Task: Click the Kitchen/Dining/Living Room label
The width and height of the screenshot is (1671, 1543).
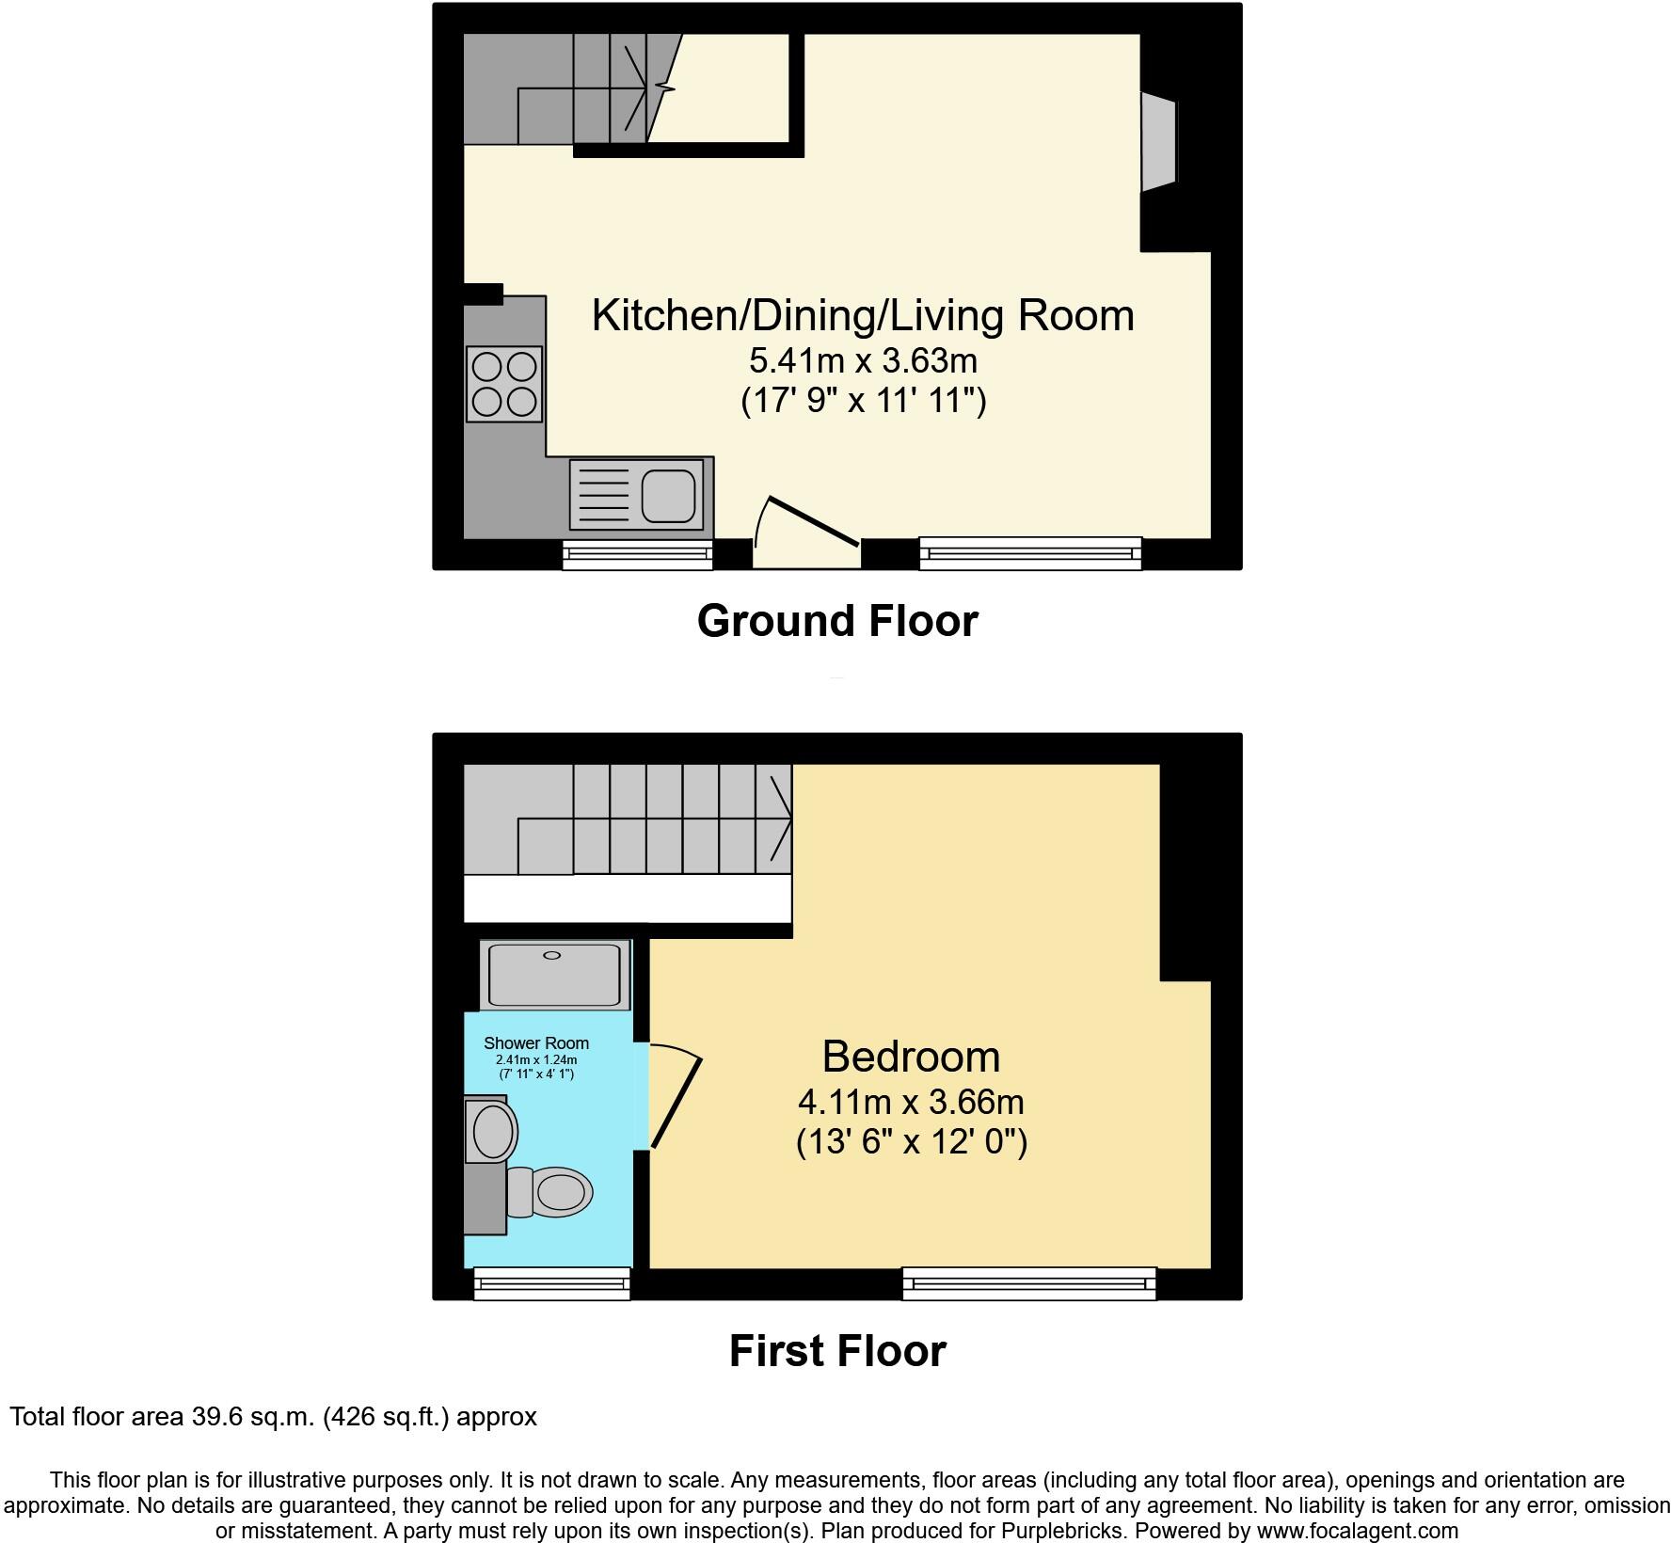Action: [863, 315]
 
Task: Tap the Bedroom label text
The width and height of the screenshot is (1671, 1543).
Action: [911, 1057]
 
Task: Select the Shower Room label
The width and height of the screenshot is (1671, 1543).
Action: [536, 1042]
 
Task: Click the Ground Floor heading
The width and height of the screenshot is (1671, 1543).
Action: [837, 621]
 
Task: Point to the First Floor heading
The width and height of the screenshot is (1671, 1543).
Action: [837, 1351]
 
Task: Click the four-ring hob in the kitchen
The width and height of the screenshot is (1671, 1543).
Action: [504, 383]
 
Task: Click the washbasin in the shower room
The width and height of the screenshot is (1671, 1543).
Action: [493, 1131]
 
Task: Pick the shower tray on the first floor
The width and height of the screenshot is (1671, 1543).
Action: [553, 976]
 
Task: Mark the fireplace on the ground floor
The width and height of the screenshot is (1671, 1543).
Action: [1159, 142]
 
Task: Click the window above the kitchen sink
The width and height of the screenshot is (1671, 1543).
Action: [637, 555]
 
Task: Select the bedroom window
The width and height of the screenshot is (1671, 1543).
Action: [1029, 1283]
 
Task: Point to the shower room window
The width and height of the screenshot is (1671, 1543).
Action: [552, 1283]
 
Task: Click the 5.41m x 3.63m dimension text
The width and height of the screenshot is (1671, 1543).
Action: [863, 360]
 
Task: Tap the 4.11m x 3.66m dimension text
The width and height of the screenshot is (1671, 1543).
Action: [911, 1102]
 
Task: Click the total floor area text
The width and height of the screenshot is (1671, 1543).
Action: [273, 1416]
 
